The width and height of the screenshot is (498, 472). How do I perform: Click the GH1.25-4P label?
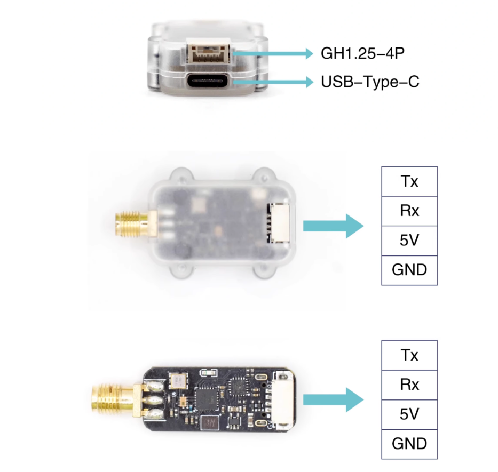point(363,53)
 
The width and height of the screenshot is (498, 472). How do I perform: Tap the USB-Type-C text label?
point(370,82)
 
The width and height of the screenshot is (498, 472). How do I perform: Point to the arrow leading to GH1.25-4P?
point(273,53)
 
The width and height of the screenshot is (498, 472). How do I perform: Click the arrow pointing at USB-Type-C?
point(273,82)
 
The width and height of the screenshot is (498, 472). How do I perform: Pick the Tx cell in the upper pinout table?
point(409,181)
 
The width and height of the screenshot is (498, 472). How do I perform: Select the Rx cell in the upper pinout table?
point(409,211)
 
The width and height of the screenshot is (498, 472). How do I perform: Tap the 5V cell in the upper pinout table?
point(409,241)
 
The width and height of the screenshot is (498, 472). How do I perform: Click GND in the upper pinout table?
point(409,270)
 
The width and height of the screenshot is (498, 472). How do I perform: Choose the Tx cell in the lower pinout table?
point(409,355)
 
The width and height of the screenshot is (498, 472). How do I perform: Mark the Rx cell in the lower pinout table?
point(409,385)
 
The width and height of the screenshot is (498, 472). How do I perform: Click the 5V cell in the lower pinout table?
point(409,414)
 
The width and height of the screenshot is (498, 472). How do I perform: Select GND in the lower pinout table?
point(409,444)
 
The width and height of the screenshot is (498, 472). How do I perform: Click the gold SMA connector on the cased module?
point(136,225)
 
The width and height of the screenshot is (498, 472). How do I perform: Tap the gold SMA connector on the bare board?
point(116,400)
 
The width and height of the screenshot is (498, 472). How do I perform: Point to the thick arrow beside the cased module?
point(333,226)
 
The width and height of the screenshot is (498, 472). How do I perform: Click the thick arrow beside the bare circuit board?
point(333,400)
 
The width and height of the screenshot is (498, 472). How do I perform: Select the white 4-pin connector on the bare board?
point(283,401)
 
